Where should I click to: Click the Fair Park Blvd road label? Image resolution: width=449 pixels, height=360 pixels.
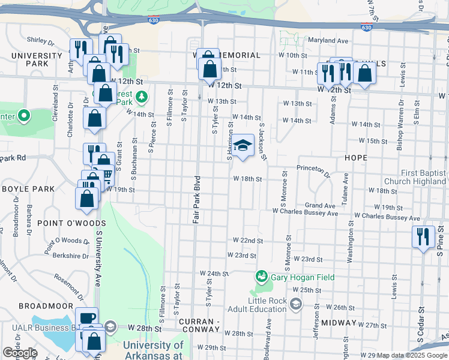196,200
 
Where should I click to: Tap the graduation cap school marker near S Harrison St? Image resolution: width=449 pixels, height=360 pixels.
243,146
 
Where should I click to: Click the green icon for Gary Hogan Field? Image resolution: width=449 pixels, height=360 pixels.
261,277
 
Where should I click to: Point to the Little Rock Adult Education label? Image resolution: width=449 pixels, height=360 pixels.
257,305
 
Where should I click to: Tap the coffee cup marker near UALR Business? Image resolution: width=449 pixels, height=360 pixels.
86,318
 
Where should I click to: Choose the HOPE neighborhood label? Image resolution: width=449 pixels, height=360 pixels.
356,157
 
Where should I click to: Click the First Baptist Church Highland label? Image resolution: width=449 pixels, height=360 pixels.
415,177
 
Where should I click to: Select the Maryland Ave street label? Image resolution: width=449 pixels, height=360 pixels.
328,41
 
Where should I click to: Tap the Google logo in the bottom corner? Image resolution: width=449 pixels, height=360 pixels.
20,353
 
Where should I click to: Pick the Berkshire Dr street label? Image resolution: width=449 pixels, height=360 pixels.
67,254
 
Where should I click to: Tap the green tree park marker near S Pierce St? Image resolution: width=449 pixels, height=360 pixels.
141,97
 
